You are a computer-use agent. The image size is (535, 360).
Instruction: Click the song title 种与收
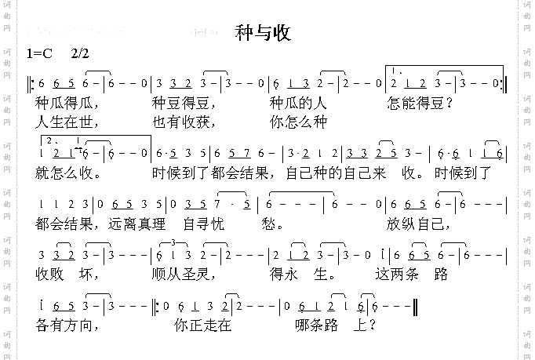pos(264,33)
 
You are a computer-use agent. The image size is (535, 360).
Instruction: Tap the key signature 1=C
pos(38,54)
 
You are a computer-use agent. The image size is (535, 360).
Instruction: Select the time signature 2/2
pos(80,54)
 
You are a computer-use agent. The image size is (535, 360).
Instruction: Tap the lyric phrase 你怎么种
pos(298,122)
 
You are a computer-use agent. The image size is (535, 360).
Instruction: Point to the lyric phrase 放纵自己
pos(418,224)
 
